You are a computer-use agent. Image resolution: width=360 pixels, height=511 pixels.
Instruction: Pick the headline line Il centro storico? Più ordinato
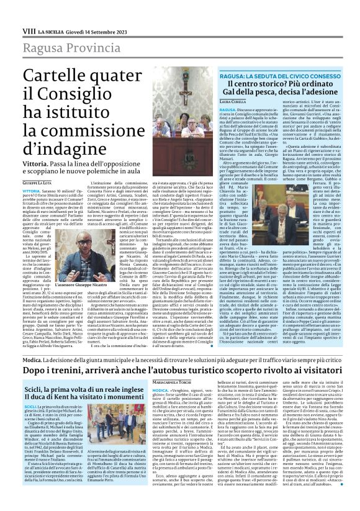(x=284, y=84)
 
